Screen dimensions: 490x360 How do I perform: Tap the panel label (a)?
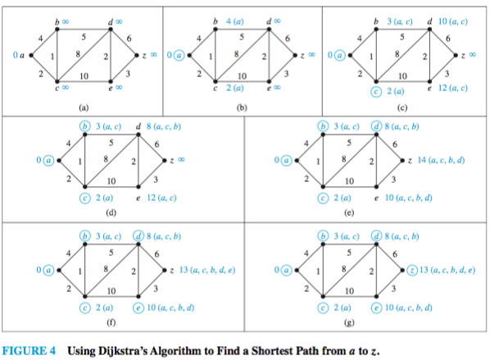coord(84,107)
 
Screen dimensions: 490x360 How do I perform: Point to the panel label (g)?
coord(349,322)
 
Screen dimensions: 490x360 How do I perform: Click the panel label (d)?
coord(111,212)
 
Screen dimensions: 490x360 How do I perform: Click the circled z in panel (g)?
coord(412,271)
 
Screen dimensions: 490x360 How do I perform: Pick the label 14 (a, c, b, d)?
coord(441,160)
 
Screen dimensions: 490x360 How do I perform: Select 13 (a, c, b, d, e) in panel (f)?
coord(206,270)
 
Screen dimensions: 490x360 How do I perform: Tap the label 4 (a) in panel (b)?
coord(235,21)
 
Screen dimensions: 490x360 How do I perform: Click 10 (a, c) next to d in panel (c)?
coord(453,21)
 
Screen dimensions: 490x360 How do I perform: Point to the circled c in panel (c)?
coord(376,92)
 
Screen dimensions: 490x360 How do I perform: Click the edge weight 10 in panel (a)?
coord(84,76)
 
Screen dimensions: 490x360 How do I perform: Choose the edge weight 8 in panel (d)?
coord(106,159)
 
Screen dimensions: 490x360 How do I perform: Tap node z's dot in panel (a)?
coord(137,56)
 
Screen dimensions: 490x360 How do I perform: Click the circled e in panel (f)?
coord(138,308)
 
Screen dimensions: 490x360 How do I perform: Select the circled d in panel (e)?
coord(376,126)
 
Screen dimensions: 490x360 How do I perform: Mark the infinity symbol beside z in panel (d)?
coord(181,160)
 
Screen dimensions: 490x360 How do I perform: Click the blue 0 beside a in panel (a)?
coord(16,55)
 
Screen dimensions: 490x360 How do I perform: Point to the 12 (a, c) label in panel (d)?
coord(161,198)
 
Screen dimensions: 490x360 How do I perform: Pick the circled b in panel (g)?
coord(323,236)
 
